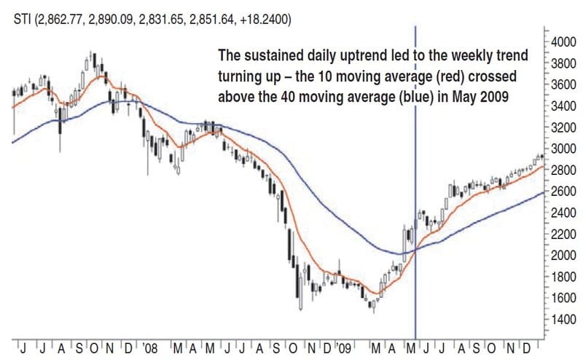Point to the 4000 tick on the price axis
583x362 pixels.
pyautogui.click(x=565, y=42)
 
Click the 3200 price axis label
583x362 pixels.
pyautogui.click(x=565, y=127)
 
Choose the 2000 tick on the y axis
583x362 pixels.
pyautogui.click(x=565, y=255)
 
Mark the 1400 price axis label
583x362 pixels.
pyautogui.click(x=565, y=320)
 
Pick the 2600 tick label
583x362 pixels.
pyautogui.click(x=565, y=191)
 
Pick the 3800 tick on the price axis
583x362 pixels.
pyautogui.click(x=565, y=63)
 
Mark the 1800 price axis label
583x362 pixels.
pyautogui.click(x=565, y=277)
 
